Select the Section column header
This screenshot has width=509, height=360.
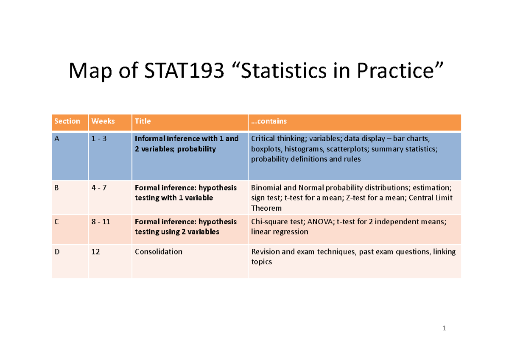67,121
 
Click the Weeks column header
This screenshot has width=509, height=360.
103,121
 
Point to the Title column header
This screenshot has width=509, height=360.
143,121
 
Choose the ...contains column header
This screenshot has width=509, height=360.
269,121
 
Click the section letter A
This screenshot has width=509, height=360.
57,139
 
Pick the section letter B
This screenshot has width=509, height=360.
56,187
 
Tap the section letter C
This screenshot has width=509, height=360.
56,221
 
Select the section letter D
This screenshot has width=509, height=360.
57,251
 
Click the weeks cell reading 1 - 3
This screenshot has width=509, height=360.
100,139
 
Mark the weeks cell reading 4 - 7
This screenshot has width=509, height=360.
100,187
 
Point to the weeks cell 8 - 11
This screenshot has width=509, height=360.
101,221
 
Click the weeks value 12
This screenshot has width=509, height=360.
96,251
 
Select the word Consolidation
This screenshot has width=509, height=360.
158,251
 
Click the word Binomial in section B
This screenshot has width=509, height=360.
267,187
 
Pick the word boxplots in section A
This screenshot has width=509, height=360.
266,149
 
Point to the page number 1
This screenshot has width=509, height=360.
444,328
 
